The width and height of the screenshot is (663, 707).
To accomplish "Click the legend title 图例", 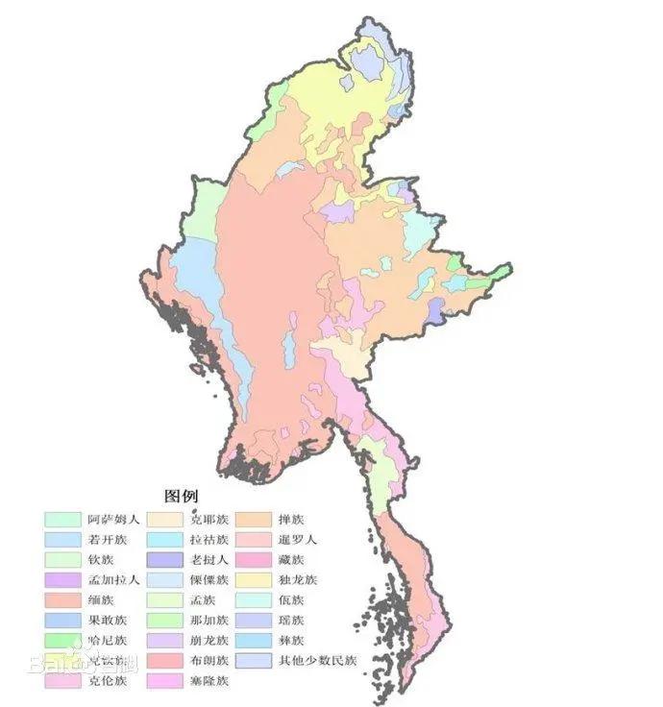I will tap(181, 497).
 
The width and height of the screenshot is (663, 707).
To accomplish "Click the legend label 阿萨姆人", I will tap(113, 519).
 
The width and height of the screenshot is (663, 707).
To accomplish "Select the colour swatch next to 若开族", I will tap(62, 539).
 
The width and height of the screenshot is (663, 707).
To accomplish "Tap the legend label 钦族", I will tap(101, 560).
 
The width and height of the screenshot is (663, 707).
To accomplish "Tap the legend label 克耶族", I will tap(209, 519).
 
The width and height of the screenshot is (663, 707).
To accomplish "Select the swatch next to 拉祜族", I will tap(165, 539).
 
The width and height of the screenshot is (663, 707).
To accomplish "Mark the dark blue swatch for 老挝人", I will tap(165, 560).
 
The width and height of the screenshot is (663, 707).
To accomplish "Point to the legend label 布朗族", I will tap(209, 661).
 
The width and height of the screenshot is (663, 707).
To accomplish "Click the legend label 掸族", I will tap(291, 519).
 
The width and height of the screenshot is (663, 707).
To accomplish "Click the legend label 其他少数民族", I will tap(317, 661).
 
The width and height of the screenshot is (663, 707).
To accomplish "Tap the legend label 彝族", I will tap(291, 641).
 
